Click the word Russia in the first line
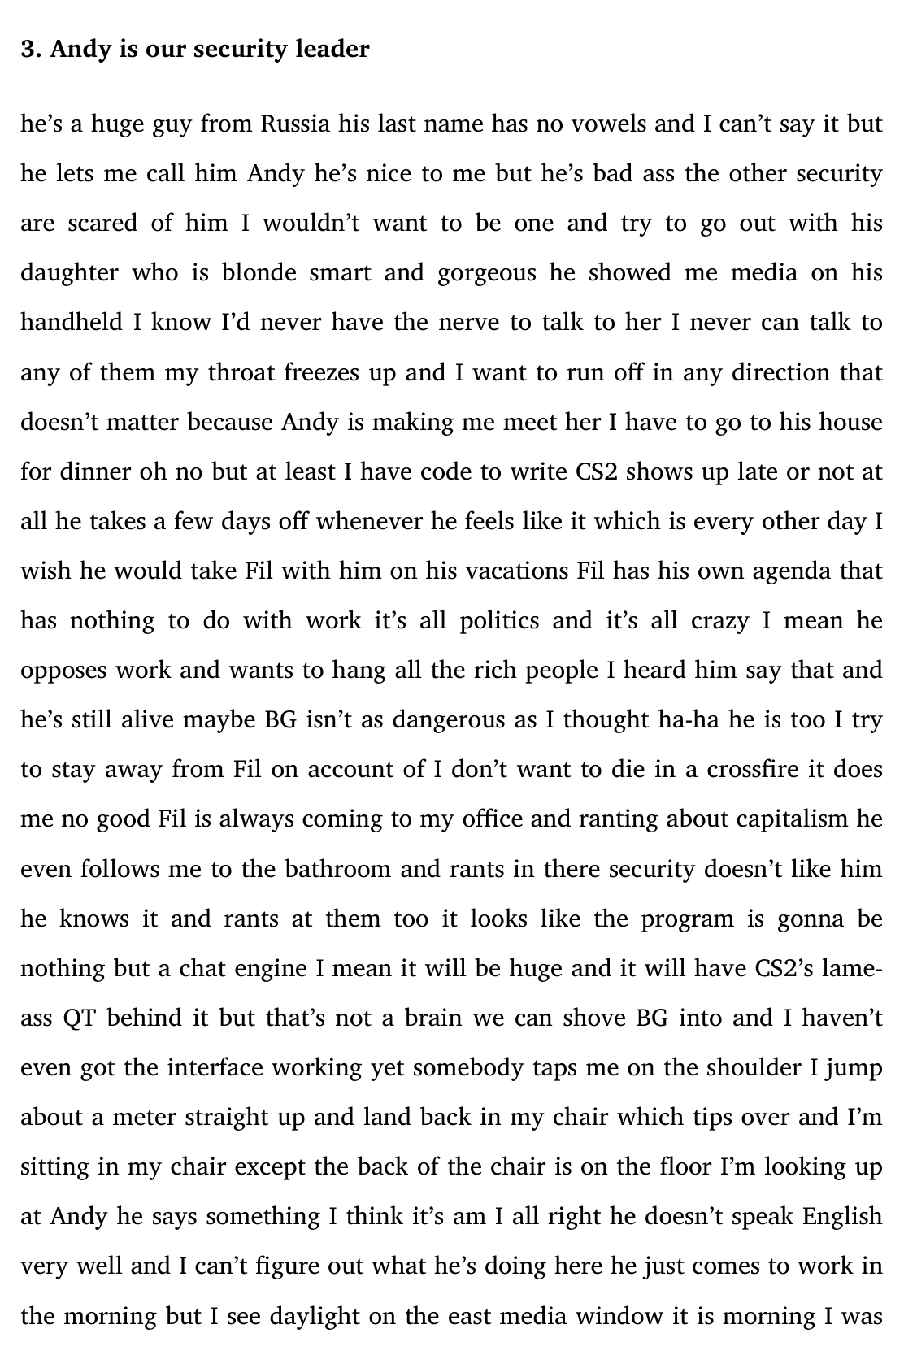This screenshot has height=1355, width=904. pos(295,124)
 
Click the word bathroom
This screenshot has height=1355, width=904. pos(337,869)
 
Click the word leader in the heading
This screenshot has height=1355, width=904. pos(332,50)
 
